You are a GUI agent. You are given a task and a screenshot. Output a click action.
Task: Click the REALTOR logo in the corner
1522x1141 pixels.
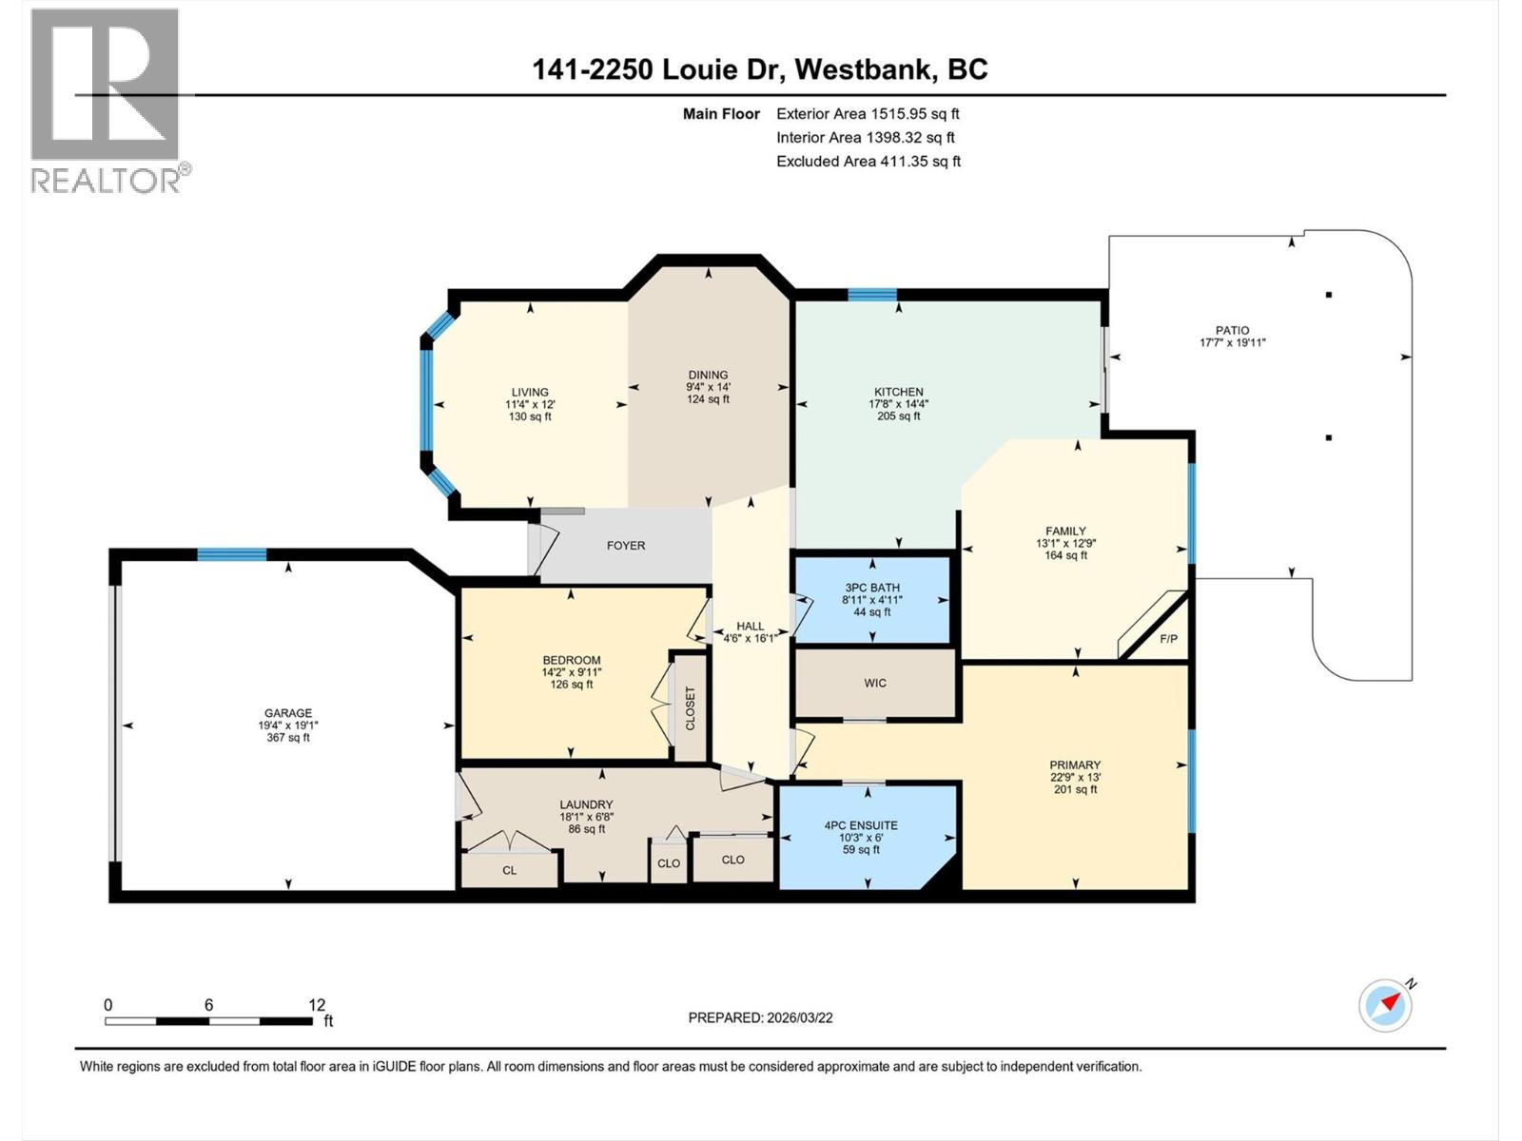(x=105, y=100)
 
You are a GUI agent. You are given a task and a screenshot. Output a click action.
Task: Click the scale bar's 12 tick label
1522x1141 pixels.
(x=317, y=1005)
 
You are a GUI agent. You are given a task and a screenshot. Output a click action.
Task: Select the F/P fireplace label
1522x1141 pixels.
(x=1168, y=638)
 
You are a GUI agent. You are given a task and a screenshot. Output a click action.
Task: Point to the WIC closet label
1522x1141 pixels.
(x=875, y=683)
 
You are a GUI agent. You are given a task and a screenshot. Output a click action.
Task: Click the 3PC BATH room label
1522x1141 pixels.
(x=872, y=588)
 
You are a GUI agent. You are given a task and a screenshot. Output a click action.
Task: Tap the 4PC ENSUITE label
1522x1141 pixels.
(x=861, y=825)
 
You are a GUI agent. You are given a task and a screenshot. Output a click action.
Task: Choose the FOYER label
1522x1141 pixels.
(x=626, y=546)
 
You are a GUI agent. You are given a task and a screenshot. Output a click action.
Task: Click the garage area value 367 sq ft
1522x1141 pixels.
(x=288, y=738)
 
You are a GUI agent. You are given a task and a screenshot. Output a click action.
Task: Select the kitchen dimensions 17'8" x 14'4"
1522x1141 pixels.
(x=899, y=404)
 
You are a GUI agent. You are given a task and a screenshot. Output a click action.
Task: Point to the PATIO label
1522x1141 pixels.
(x=1232, y=331)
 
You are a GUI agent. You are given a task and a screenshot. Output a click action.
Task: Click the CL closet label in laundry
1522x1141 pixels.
(x=510, y=870)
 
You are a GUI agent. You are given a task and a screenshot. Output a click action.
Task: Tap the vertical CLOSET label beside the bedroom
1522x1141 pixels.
(x=691, y=708)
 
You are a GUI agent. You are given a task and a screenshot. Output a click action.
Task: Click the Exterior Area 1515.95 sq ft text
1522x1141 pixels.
(x=868, y=114)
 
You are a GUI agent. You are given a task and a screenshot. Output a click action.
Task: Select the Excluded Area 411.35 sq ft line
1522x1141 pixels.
(x=868, y=162)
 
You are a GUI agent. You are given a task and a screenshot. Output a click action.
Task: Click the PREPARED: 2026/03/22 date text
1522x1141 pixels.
(x=760, y=1017)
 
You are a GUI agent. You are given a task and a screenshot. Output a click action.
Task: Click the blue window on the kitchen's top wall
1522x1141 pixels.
(x=872, y=295)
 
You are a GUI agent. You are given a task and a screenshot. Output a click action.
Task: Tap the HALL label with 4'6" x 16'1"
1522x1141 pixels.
(x=751, y=632)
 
